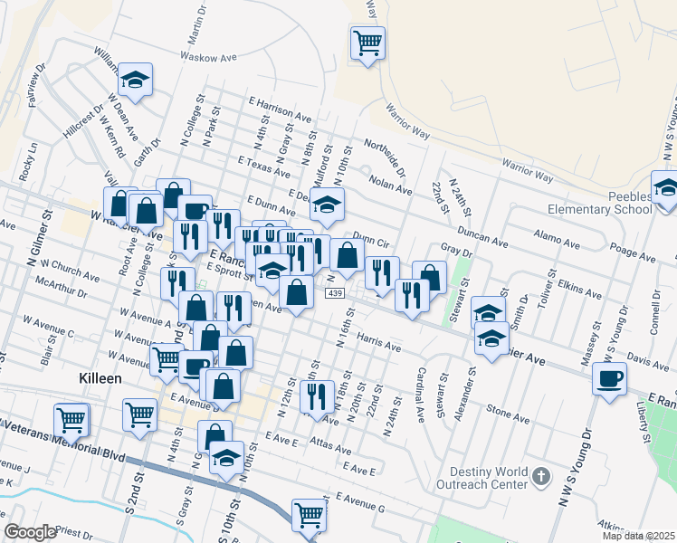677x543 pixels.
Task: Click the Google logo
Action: (x=30, y=532)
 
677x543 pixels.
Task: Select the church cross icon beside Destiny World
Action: (x=540, y=475)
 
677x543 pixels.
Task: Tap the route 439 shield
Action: (x=335, y=294)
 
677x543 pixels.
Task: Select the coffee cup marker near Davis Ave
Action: (x=609, y=378)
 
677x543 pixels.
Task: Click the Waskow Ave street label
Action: (x=207, y=57)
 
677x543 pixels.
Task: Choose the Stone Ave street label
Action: (x=508, y=413)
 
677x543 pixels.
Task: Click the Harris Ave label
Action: (x=378, y=341)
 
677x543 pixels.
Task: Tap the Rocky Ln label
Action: (x=33, y=159)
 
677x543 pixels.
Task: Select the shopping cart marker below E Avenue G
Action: (x=310, y=515)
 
